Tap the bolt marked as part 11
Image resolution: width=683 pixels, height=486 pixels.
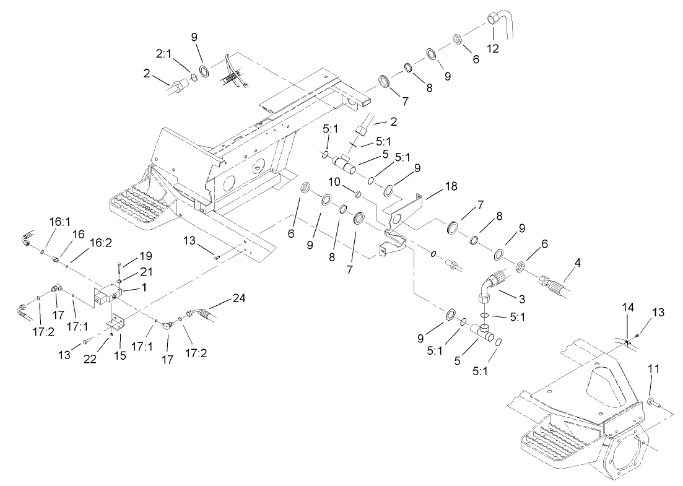click(x=651, y=403)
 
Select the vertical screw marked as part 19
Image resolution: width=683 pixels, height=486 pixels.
click(x=118, y=271)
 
